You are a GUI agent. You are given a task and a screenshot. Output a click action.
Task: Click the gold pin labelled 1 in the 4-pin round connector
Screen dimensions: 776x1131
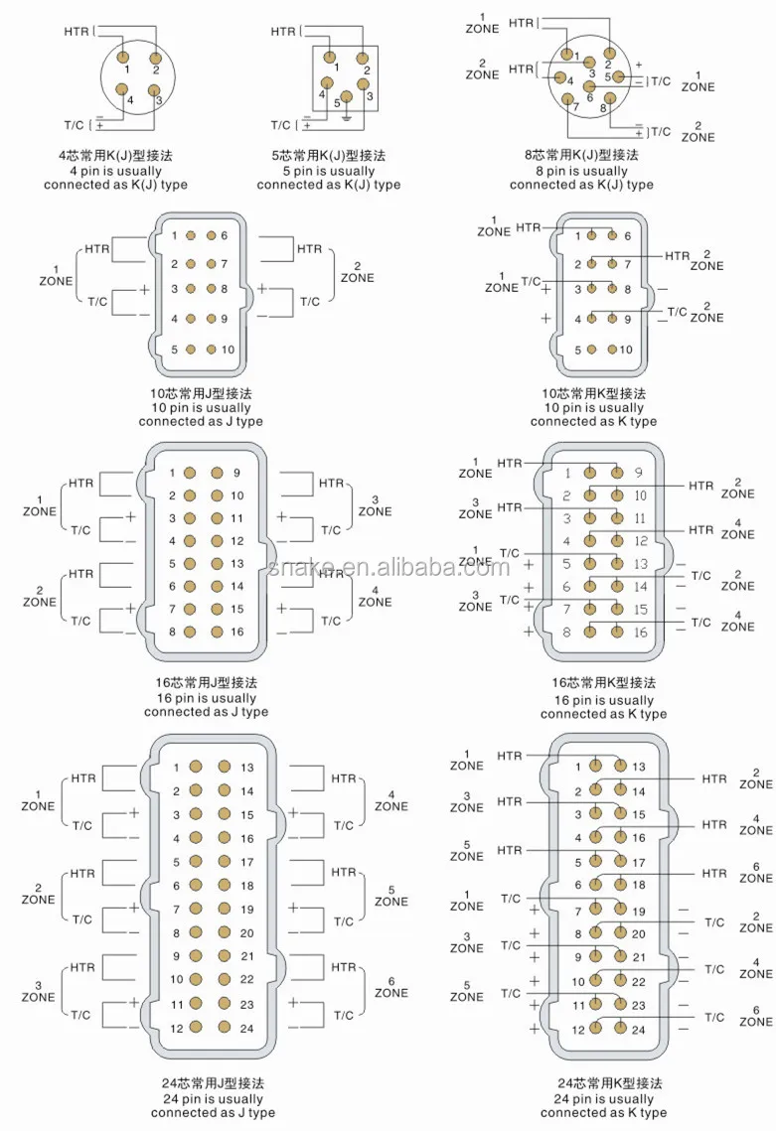tap(123, 57)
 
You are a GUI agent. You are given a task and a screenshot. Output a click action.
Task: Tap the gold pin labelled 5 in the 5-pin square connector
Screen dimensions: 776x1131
tap(347, 97)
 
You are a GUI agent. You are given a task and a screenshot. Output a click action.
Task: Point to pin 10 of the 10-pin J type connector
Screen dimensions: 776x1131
tap(212, 350)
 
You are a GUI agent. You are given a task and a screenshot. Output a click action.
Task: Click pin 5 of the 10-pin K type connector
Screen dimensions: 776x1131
tap(592, 350)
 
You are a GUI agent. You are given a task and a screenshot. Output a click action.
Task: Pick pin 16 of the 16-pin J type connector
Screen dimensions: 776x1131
tap(217, 632)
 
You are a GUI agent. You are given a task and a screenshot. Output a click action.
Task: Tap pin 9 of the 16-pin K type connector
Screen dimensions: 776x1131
tap(616, 473)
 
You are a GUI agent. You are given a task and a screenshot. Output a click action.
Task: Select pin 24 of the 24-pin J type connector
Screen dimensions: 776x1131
tap(224, 1027)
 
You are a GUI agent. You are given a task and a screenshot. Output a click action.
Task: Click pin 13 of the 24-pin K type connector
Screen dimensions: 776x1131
tap(620, 766)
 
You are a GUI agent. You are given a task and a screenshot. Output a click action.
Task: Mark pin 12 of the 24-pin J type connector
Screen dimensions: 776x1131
tap(196, 1027)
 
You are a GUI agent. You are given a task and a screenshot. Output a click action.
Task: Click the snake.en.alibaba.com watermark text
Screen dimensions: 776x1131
tap(389, 568)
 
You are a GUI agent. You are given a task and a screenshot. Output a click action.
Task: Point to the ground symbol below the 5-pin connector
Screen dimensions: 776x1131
tap(347, 117)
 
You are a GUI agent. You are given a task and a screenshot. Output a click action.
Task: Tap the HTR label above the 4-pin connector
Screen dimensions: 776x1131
tap(77, 32)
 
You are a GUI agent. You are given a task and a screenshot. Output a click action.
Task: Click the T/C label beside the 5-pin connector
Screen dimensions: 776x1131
tap(281, 125)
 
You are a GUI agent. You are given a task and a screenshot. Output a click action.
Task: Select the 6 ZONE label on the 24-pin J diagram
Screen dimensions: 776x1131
tap(391, 987)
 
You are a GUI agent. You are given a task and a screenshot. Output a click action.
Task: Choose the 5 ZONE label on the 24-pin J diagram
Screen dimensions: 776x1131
tap(391, 896)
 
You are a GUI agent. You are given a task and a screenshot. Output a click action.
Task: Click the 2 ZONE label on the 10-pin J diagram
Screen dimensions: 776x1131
tap(358, 273)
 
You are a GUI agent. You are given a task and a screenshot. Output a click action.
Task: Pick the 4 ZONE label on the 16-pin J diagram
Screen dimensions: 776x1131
tap(376, 597)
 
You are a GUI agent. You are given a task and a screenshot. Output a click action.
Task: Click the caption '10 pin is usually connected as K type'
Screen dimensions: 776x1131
tap(593, 415)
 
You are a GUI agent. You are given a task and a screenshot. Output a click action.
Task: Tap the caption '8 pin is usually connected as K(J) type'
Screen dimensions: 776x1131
tap(582, 178)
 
